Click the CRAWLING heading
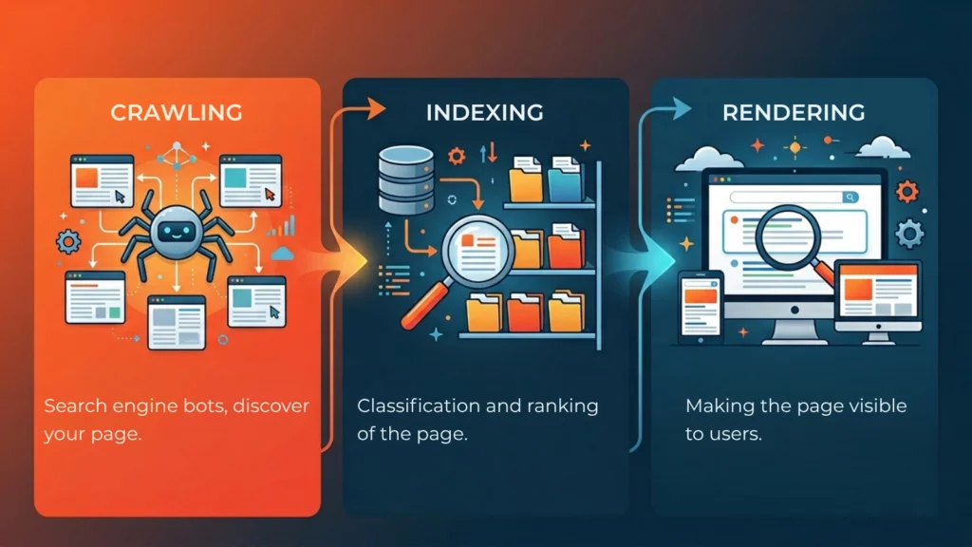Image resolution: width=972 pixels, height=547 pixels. [176, 112]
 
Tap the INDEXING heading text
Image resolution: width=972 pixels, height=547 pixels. [484, 112]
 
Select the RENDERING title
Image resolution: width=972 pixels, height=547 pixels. [794, 112]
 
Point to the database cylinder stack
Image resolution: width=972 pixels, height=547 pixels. [398, 179]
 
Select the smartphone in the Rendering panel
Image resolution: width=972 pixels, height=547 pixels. [701, 303]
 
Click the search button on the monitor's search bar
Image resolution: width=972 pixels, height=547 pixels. [850, 198]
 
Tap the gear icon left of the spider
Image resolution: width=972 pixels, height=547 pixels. [68, 242]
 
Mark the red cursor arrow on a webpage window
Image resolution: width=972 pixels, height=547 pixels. [270, 195]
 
